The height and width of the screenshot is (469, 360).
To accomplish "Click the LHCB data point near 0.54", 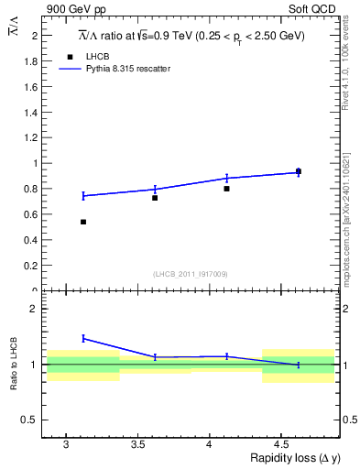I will pos(83,222).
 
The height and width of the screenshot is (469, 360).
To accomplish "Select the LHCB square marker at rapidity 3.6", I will pos(155,198).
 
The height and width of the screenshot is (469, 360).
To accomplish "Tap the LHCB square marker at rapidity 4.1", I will pos(226,189).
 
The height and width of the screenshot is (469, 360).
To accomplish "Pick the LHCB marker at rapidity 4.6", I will pos(298,170).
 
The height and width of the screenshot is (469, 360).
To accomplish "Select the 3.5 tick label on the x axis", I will pos(137,444).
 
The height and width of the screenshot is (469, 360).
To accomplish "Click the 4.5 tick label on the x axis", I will pos(282,444).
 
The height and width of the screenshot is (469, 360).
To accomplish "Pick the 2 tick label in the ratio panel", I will pos(36,309).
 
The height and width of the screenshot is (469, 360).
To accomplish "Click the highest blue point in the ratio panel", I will pos(83,338).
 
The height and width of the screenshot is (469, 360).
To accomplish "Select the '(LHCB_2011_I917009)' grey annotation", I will pos(191,274).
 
